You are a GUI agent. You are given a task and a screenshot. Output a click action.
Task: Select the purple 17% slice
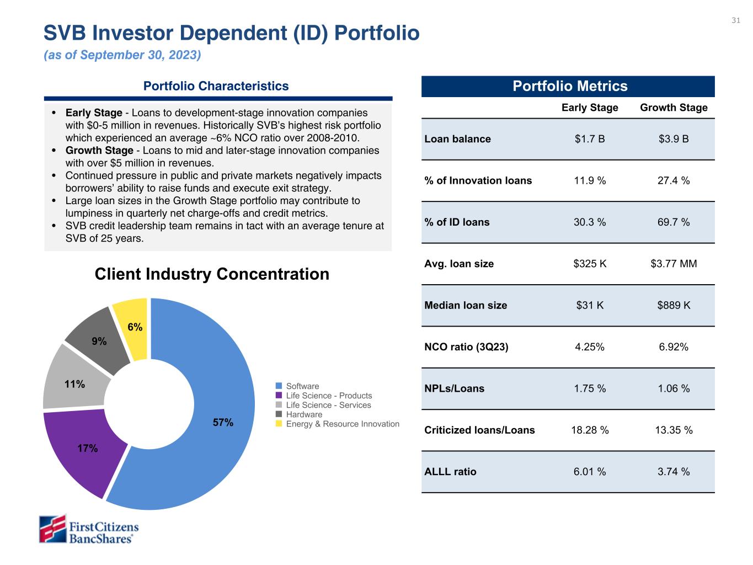coord(83,450)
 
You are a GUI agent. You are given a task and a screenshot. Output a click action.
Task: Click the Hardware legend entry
coord(303,414)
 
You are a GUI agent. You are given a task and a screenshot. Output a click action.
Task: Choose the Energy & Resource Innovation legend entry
coord(342,424)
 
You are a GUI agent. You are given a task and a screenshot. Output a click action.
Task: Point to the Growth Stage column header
coord(674,108)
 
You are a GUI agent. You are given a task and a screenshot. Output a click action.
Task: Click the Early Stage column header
coord(590,108)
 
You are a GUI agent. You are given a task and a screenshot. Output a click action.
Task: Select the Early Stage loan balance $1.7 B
coord(590,139)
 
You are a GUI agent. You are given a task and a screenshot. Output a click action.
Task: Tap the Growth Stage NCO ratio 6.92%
coord(674,347)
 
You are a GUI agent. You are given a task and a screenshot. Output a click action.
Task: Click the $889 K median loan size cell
coord(674,305)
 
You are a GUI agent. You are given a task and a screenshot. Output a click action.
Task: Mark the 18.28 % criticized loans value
coord(590,430)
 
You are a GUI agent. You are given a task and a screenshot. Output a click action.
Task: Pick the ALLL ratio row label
coord(450,472)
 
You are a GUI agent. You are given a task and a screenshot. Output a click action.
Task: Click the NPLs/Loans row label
coord(454,388)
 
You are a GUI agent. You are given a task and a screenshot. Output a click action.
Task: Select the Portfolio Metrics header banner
coord(568,87)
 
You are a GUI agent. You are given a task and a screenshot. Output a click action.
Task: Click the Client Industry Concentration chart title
coord(212,274)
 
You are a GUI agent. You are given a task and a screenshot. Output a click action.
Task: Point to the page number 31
coord(735,21)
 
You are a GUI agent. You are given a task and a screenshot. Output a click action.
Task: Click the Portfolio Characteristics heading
coord(216,86)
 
